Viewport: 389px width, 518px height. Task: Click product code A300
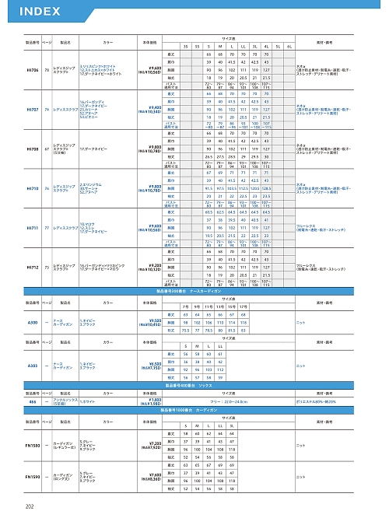(33, 322)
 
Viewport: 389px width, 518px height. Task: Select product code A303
(33, 363)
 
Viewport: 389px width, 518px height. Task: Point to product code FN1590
(33, 476)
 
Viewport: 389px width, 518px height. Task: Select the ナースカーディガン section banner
(194, 291)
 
